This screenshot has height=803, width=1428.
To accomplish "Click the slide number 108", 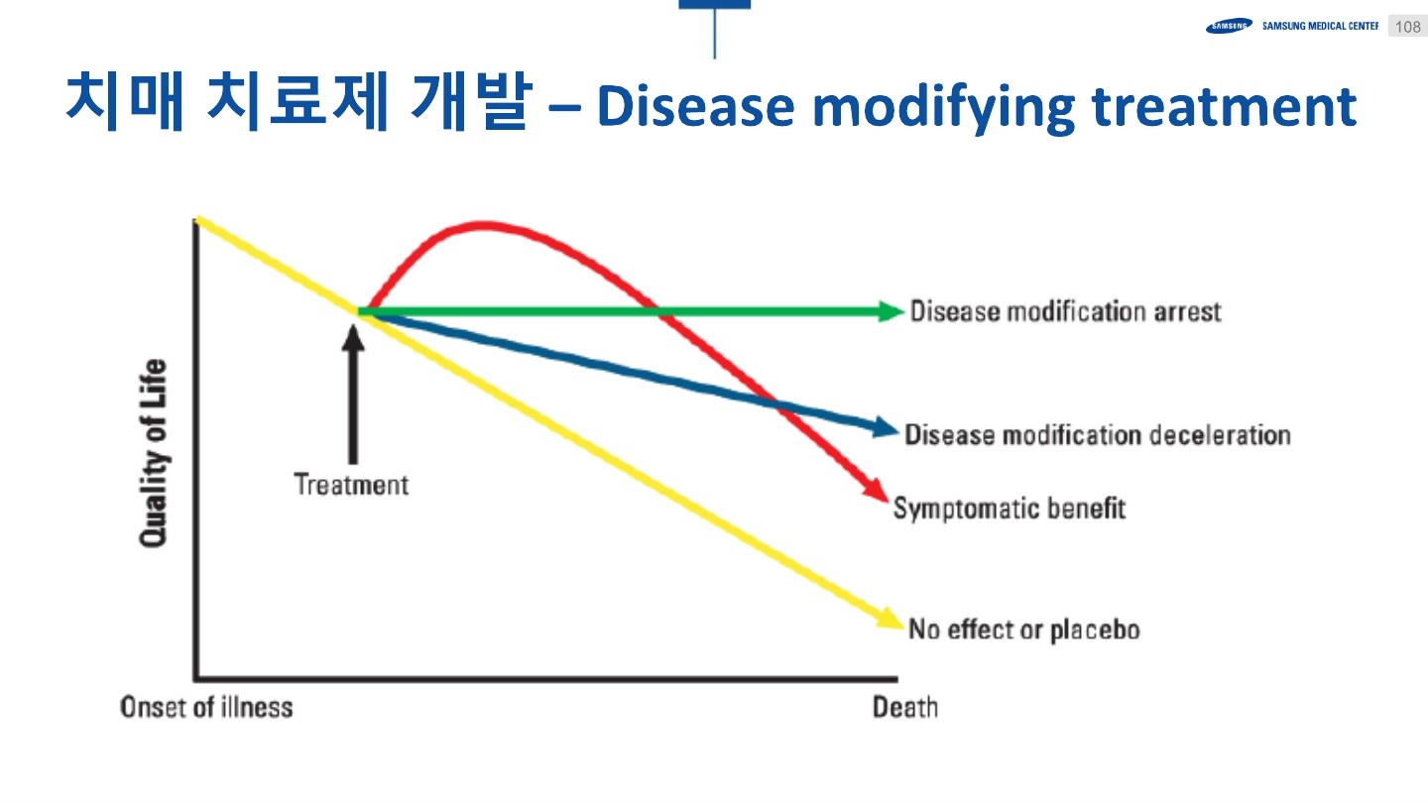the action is pos(1408,27).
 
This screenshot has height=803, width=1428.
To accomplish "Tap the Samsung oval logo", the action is pos(1229,27).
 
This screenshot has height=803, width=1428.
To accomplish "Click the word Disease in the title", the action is pos(695,107).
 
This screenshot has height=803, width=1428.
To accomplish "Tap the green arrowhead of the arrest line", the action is pos(892,311).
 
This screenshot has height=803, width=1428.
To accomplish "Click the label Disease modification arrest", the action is pos(1066,311).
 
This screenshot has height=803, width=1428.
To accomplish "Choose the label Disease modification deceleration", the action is pos(1098,434).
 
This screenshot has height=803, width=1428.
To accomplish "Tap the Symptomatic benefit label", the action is pos(1010,508).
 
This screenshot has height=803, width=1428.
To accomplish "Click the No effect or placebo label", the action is pos(1024,630).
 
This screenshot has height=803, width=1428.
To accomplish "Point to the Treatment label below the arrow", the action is pos(351,485).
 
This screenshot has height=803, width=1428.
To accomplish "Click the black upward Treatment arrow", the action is pos(352,397).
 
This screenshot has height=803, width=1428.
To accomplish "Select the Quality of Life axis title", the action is pos(153,452).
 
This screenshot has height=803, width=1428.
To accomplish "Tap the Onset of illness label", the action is pos(206,707).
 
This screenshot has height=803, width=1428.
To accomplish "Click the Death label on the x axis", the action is pos(904,707).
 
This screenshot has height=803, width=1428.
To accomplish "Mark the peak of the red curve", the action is pos(484,225).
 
